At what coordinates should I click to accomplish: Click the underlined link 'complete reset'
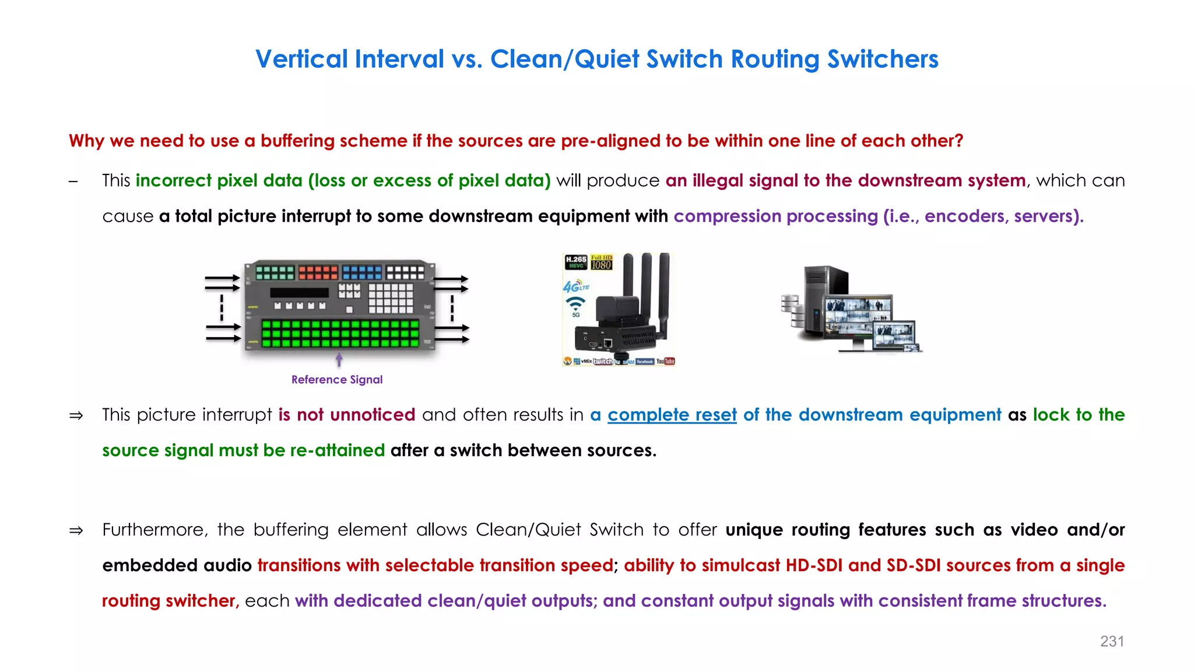pyautogui.click(x=672, y=415)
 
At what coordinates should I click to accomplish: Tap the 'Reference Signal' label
pyautogui.click(x=337, y=380)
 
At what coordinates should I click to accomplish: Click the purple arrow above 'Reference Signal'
pyautogui.click(x=339, y=359)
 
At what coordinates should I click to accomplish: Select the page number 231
pyautogui.click(x=1112, y=641)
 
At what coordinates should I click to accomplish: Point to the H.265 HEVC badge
pyautogui.click(x=576, y=262)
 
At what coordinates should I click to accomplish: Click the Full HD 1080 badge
pyautogui.click(x=601, y=262)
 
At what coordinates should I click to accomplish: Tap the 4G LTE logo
pyautogui.click(x=575, y=286)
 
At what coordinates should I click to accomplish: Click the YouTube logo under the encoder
pyautogui.click(x=665, y=361)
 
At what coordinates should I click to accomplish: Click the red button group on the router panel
pyautogui.click(x=318, y=272)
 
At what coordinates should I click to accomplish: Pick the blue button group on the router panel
pyautogui.click(x=361, y=272)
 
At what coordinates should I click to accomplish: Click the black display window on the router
pyautogui.click(x=299, y=292)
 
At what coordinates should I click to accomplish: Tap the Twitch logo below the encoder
pyautogui.click(x=603, y=362)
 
